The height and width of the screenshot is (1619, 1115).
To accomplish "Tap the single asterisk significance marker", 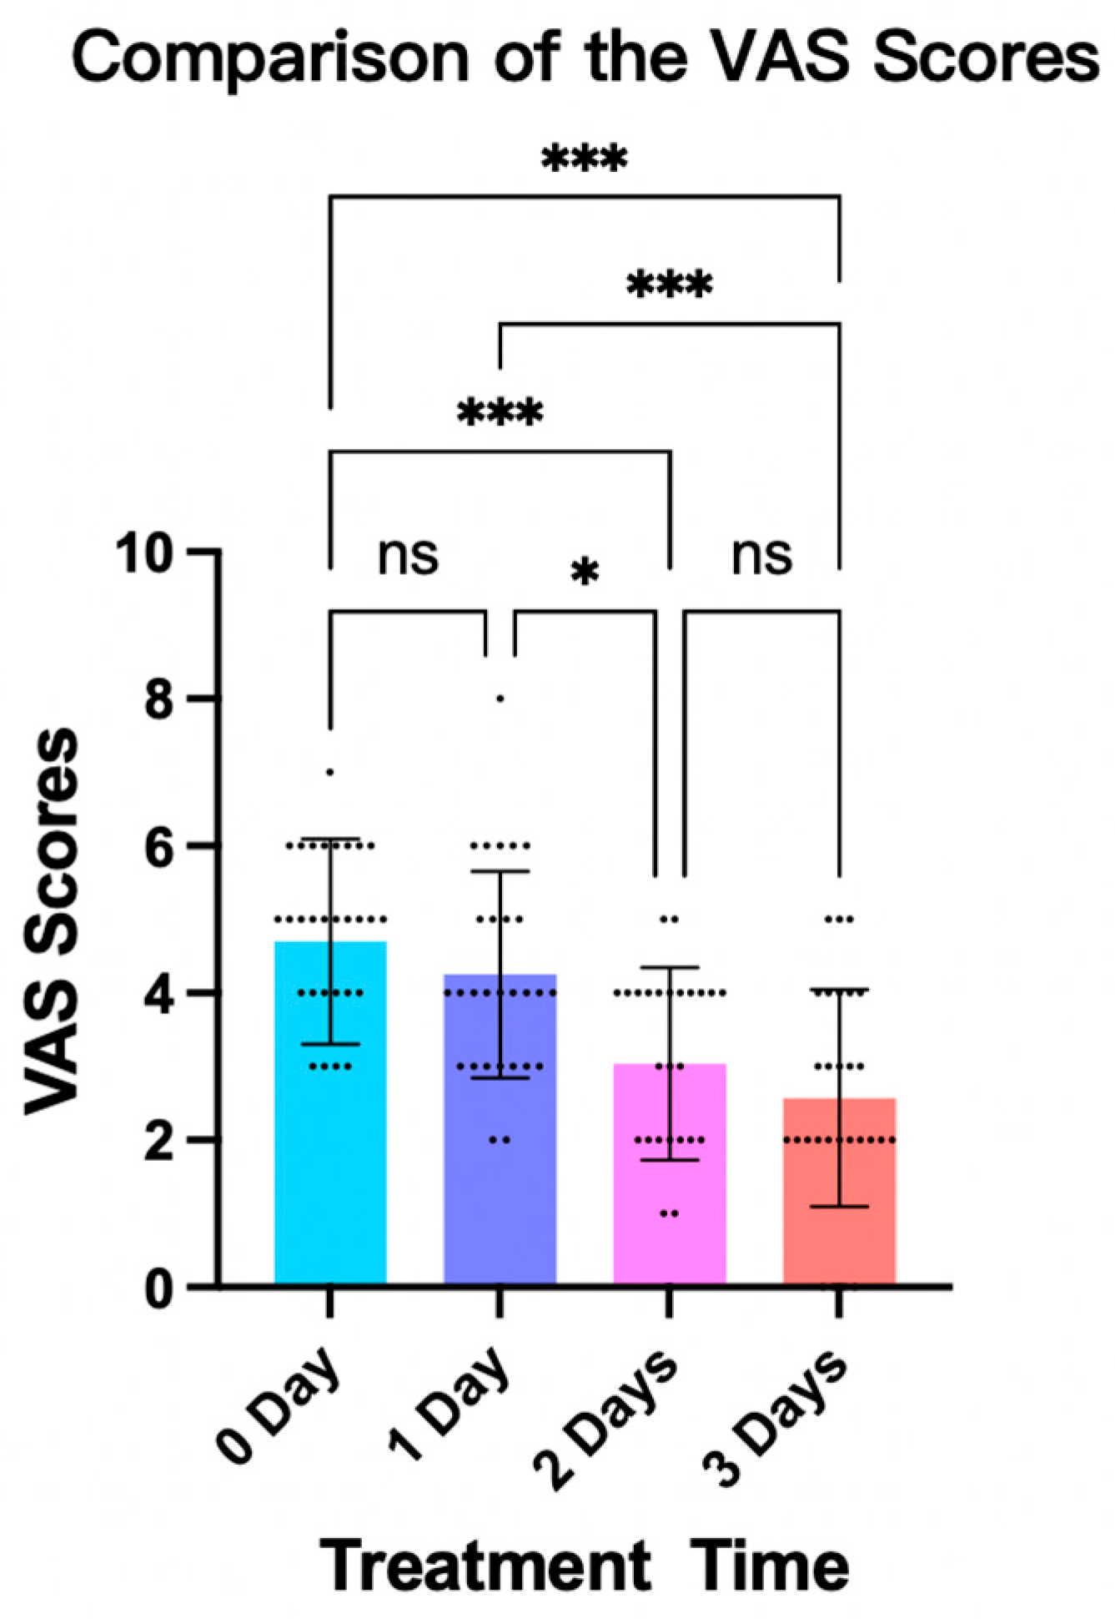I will pyautogui.click(x=585, y=574).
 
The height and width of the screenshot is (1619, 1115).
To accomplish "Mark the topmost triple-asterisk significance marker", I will pyautogui.click(x=584, y=159).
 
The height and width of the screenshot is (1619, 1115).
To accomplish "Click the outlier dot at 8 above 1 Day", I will pyautogui.click(x=500, y=699).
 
